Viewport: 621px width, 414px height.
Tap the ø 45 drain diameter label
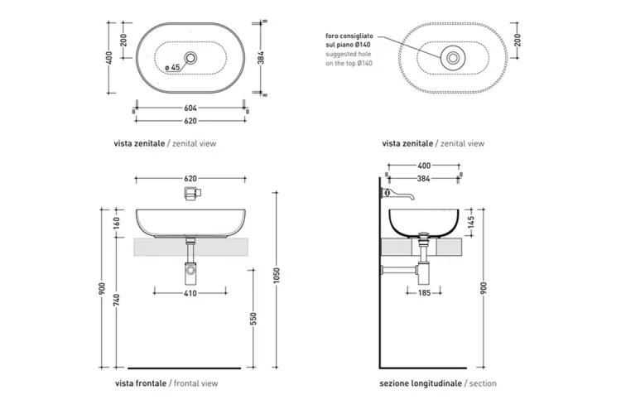point(172,67)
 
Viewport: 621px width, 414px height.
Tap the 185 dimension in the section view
point(425,292)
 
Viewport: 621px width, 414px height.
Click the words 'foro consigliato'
point(349,36)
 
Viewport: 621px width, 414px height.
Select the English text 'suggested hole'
point(349,55)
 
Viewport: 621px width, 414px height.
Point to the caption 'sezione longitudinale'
point(421,384)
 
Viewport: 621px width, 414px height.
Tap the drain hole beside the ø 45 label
point(192,58)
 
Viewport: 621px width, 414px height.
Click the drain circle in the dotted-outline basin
point(453,58)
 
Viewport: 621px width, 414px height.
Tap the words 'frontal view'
point(195,384)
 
